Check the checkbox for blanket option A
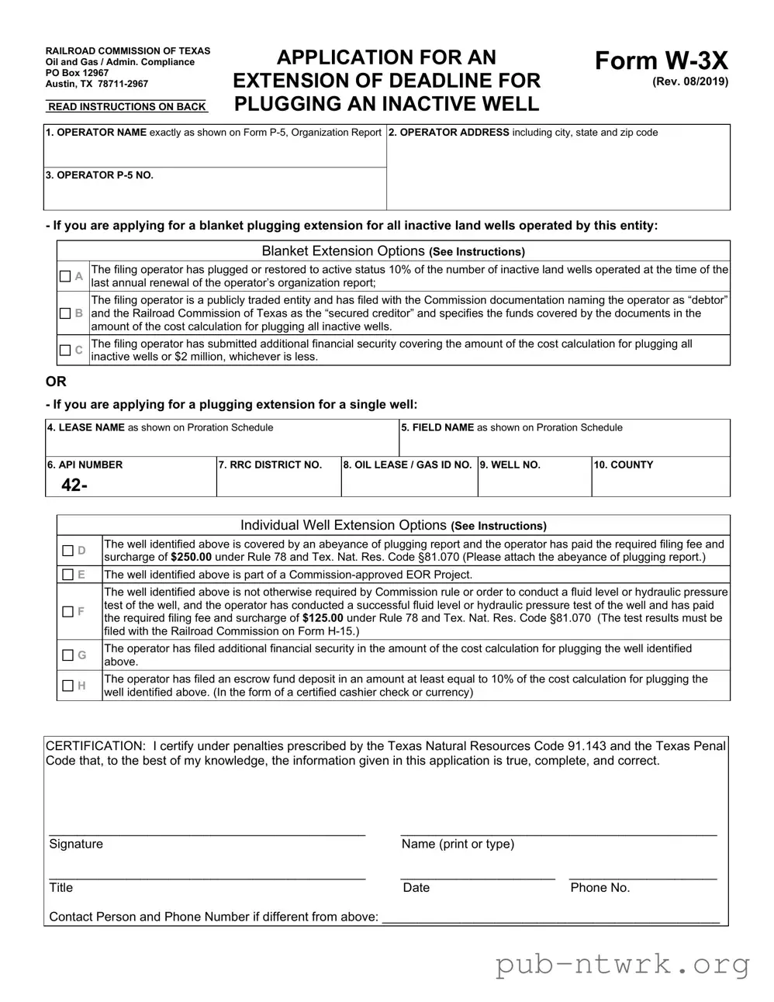click(65, 276)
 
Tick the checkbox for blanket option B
click(65, 313)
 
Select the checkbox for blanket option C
click(65, 351)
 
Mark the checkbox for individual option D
click(68, 551)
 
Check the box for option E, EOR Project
click(68, 575)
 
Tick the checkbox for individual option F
click(68, 612)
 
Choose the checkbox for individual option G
click(68, 655)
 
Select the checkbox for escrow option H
click(68, 686)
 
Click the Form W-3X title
click(661, 60)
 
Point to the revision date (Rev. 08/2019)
click(690, 81)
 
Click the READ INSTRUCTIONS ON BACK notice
click(126, 107)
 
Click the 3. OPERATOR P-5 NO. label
click(99, 175)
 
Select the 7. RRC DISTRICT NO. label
click(270, 465)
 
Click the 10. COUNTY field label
click(624, 465)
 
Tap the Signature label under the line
click(76, 844)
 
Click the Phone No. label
click(600, 887)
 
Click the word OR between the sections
click(57, 382)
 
